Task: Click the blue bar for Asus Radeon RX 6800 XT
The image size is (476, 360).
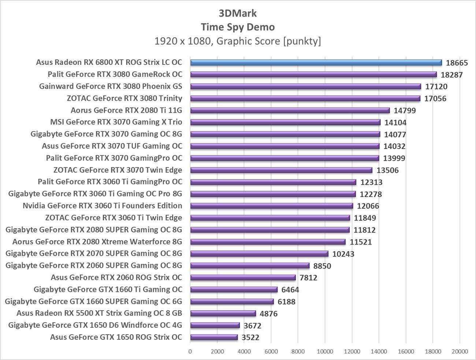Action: click(316, 63)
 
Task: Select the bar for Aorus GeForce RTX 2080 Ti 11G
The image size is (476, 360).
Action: click(290, 110)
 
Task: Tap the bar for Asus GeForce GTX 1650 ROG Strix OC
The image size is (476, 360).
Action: click(214, 337)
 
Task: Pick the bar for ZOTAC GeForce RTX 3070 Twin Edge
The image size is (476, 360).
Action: click(281, 170)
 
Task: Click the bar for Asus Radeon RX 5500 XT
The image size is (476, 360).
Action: click(223, 313)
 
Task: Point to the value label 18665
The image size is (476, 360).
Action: click(457, 63)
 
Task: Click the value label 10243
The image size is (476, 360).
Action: click(343, 254)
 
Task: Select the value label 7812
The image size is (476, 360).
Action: click(308, 278)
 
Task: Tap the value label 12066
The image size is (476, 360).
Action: click(368, 206)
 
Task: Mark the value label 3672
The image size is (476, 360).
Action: click(252, 326)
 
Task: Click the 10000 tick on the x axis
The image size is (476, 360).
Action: click(325, 352)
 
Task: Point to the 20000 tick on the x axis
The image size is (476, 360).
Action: click(460, 352)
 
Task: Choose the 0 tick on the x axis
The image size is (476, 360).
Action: click(190, 352)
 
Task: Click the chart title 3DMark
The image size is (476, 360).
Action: click(238, 13)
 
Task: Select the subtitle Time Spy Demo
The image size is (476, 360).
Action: click(238, 27)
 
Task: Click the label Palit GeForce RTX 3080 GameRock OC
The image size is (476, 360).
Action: click(115, 74)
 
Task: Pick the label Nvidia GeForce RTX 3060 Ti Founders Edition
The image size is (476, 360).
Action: click(102, 206)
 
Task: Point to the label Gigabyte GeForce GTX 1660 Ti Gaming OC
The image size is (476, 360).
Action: click(108, 289)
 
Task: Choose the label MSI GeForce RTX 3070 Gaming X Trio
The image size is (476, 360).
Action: click(116, 122)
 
